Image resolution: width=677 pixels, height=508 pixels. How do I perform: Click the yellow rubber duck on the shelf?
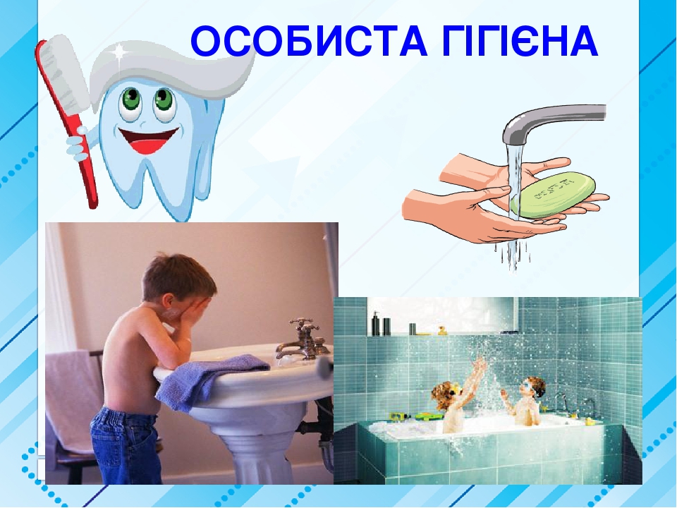point(441,329)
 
